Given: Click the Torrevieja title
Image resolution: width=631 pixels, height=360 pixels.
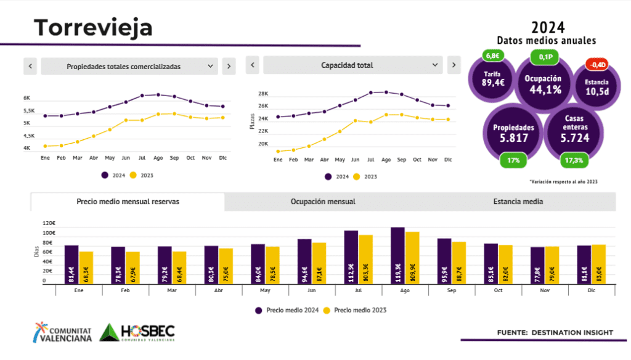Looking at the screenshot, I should pyautogui.click(x=93, y=28).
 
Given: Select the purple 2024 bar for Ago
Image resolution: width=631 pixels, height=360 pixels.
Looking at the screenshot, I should pyautogui.click(x=397, y=256).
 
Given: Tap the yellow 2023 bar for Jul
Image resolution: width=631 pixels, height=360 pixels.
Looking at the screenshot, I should pyautogui.click(x=366, y=260).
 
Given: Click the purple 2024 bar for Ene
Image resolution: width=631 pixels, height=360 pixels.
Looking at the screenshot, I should pyautogui.click(x=71, y=264).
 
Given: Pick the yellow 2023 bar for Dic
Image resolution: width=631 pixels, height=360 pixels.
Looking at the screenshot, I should pyautogui.click(x=598, y=264).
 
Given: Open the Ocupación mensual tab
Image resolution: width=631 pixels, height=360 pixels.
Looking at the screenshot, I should pyautogui.click(x=322, y=202).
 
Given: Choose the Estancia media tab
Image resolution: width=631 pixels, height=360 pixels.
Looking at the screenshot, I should pyautogui.click(x=518, y=202).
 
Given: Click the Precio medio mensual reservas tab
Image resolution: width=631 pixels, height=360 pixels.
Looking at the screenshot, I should pyautogui.click(x=128, y=202).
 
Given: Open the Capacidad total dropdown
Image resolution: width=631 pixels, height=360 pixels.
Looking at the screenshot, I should pyautogui.click(x=352, y=65).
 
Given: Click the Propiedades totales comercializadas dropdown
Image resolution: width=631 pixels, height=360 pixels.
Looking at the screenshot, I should pyautogui.click(x=129, y=67).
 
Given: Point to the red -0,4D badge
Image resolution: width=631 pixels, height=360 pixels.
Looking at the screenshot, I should pyautogui.click(x=596, y=65).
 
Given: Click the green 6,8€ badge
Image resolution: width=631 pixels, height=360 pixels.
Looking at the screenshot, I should pyautogui.click(x=493, y=57).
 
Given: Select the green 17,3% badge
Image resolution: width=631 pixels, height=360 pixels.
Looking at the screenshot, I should pyautogui.click(x=576, y=160).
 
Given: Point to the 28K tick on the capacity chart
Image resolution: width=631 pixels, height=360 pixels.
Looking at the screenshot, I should pyautogui.click(x=263, y=94).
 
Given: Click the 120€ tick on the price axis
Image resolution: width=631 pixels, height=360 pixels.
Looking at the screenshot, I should pyautogui.click(x=49, y=223).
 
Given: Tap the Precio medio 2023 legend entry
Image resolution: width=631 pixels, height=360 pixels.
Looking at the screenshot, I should pyautogui.click(x=356, y=310).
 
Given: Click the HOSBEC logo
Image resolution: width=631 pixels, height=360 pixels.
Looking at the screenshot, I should pyautogui.click(x=137, y=332).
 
